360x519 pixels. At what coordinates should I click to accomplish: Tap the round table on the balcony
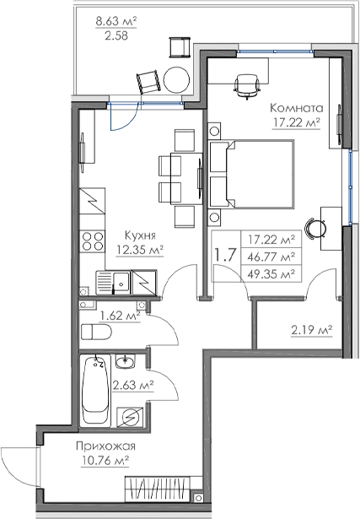tap(176, 79)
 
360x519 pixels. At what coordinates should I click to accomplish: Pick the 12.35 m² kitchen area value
tap(139, 250)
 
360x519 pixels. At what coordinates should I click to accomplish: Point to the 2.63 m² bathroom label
tap(132, 386)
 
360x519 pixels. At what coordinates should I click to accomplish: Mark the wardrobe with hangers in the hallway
tap(159, 489)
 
